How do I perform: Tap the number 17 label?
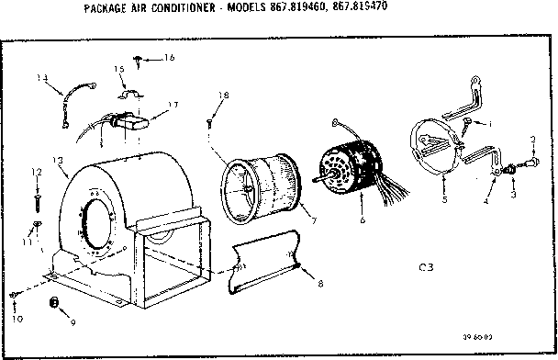[173, 106]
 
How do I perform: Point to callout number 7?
[311, 220]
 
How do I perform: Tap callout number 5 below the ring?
[443, 199]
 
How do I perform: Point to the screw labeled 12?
[38, 196]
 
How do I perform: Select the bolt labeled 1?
[468, 123]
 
